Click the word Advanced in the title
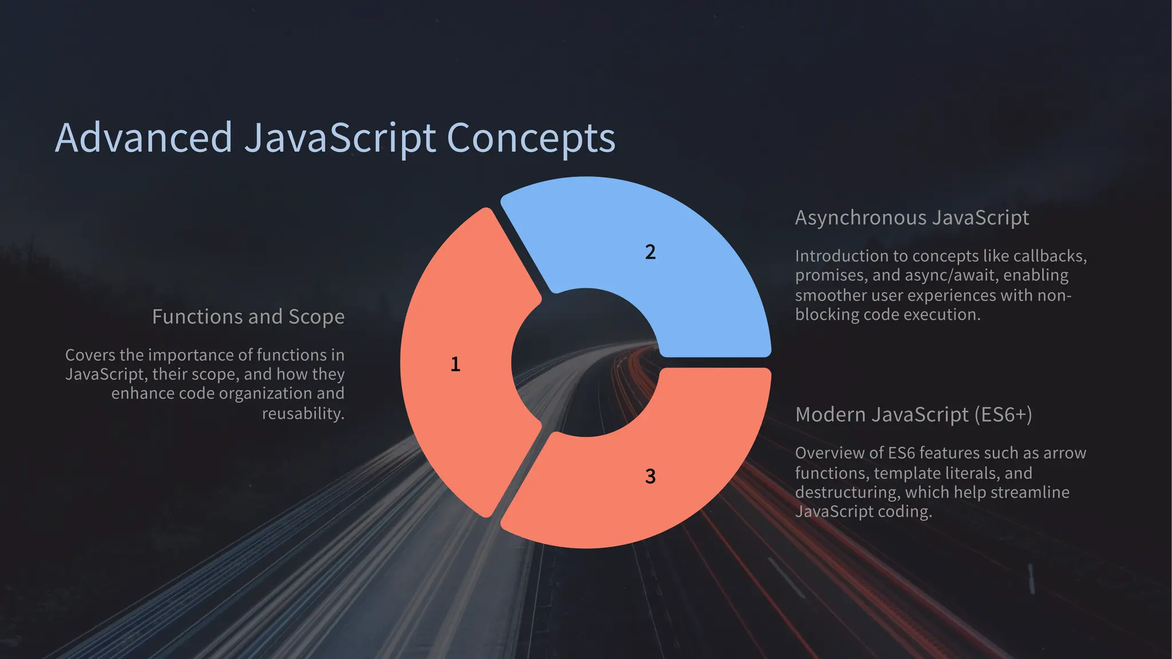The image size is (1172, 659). tap(143, 138)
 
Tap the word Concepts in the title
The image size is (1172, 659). tap(530, 138)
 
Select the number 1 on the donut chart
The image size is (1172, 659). tap(456, 364)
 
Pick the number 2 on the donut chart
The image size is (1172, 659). tap(650, 252)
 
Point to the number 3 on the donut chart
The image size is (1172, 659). tap(650, 477)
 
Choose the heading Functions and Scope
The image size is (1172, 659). tap(248, 317)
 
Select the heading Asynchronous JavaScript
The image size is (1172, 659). tap(912, 218)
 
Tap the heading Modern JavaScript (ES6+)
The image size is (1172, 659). tap(913, 415)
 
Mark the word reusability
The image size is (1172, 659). tap(303, 413)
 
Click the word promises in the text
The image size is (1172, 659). tap(832, 276)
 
